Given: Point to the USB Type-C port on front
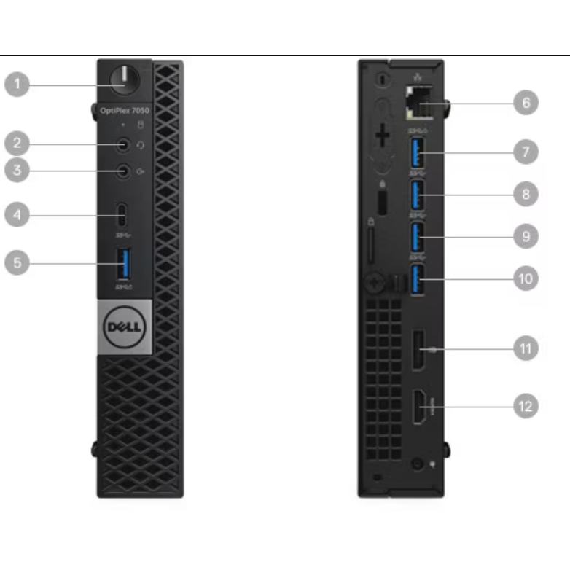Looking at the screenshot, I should (x=123, y=215).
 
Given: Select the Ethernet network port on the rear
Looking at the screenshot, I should (x=418, y=102).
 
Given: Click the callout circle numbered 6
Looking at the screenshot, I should (x=526, y=103).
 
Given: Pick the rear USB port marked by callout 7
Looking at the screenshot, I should (x=418, y=152).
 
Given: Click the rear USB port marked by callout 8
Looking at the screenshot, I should (x=418, y=195).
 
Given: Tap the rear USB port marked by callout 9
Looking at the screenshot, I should (x=418, y=236).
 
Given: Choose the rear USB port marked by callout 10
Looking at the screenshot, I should (x=418, y=278).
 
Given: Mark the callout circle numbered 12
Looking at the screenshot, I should (x=526, y=405).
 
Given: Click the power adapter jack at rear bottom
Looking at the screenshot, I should (x=417, y=464).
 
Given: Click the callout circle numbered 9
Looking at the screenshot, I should (x=526, y=236).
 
